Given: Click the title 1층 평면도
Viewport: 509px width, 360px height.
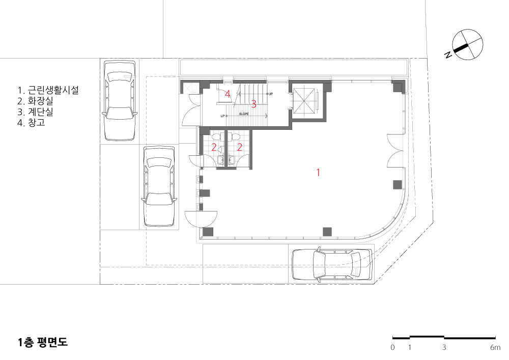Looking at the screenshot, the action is pos(43,343).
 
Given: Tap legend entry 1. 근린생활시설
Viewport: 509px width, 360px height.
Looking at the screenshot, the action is pos(48,90).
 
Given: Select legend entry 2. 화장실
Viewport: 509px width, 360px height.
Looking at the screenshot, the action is pos(36,101).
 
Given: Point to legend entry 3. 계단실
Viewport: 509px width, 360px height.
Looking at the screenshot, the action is pos(36,112).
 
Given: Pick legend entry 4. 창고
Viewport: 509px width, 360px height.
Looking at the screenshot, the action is pos(31,123).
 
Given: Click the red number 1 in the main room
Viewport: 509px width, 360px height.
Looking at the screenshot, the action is pos(318,173).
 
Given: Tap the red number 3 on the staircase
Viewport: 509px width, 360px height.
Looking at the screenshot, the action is pos(254,104).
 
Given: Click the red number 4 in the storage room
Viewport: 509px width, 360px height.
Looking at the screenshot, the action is pos(228,94).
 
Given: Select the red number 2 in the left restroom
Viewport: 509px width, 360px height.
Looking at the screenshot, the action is pos(214,147).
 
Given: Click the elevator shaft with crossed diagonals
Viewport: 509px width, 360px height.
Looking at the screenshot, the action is pos(305,100).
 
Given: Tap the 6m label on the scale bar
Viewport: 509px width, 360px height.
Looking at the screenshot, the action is pos(495,347).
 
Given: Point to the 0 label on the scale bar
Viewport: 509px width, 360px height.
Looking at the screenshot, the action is pos(393,347).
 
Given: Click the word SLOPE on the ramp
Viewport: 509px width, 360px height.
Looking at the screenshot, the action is pos(244,114).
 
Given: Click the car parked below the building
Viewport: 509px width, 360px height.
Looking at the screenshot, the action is pos(331,265).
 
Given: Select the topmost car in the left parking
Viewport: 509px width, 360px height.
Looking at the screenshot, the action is pos(119,101).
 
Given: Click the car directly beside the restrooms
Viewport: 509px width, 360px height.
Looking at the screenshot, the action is pos(159,186).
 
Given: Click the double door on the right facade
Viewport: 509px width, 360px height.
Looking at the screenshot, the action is pos(395,151).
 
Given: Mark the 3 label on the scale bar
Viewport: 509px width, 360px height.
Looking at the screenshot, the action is pos(444,347).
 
